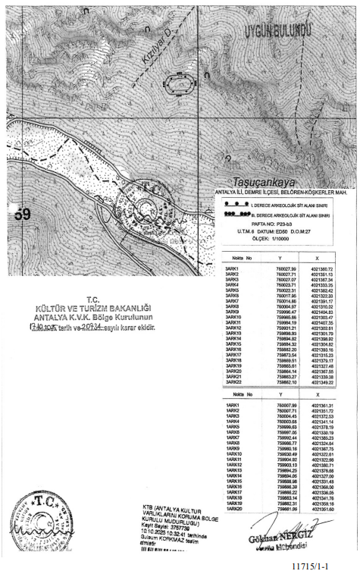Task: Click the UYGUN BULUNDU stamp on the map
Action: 277,30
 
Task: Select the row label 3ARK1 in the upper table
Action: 232,269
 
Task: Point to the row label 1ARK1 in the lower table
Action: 233,406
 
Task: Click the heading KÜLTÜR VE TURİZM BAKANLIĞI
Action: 94,307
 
